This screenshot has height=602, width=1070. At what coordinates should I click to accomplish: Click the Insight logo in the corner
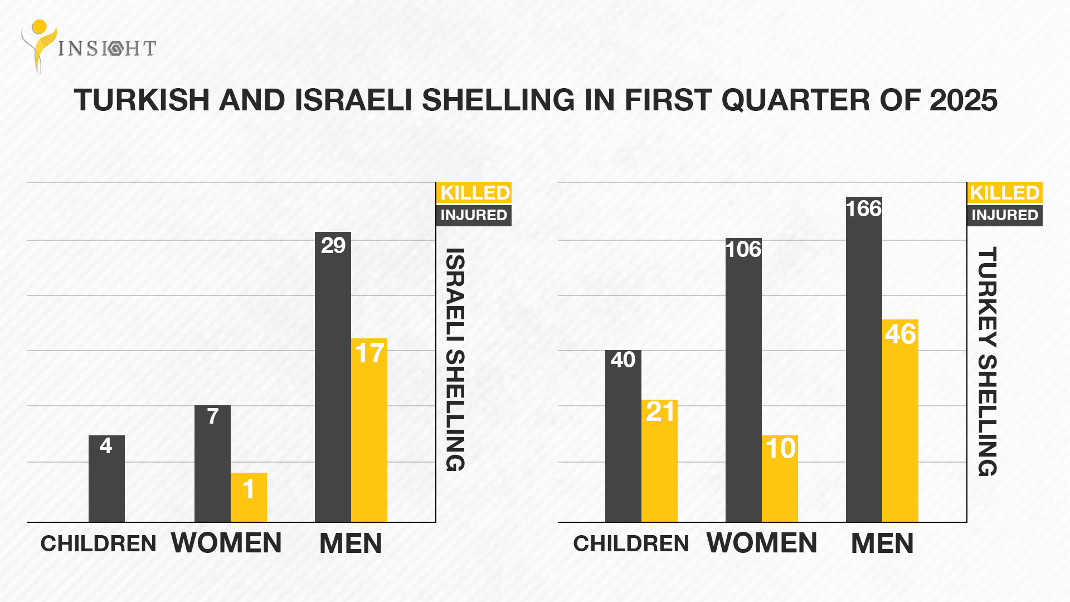pyautogui.click(x=88, y=47)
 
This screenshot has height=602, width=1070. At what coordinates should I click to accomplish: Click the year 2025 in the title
pyautogui.click(x=963, y=101)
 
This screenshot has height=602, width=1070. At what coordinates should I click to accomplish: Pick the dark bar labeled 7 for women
pyautogui.click(x=212, y=463)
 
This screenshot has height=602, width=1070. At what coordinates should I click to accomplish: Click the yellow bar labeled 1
pyautogui.click(x=249, y=497)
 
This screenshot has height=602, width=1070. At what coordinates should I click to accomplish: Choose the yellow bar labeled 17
pyautogui.click(x=369, y=430)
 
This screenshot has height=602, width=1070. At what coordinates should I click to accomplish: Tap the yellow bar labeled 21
pyautogui.click(x=659, y=460)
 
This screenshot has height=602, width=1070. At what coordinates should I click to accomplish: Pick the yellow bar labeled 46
pyautogui.click(x=900, y=421)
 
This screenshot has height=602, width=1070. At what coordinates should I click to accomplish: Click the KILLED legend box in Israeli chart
pyautogui.click(x=474, y=193)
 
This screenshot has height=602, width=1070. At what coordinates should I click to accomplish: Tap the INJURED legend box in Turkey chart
pyautogui.click(x=1005, y=215)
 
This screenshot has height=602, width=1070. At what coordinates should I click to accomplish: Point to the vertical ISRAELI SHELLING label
pyautogui.click(x=455, y=360)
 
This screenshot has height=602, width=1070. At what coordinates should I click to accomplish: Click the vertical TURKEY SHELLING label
pyautogui.click(x=987, y=361)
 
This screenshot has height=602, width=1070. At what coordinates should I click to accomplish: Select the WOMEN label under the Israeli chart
pyautogui.click(x=226, y=543)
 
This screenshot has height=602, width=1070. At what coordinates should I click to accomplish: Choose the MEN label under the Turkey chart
pyautogui.click(x=882, y=543)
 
